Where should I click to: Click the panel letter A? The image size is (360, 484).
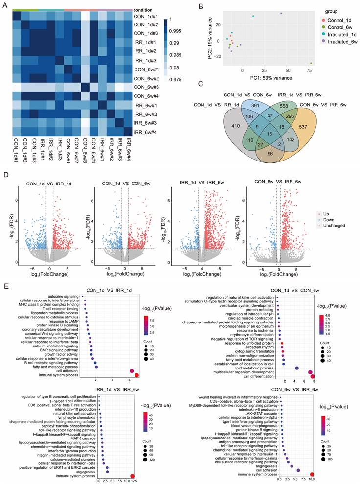(x=5, y=6)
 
